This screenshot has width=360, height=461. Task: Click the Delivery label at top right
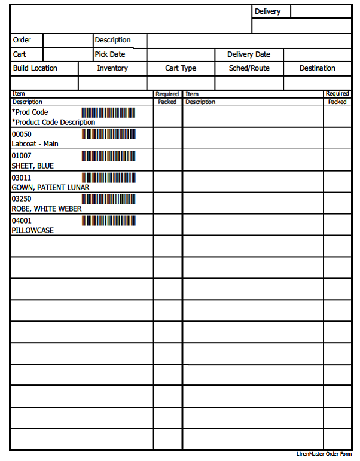[x=267, y=11]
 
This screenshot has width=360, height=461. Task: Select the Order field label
[x=22, y=40]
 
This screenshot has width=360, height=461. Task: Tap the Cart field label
[x=19, y=54]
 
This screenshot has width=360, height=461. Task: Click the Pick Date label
[x=110, y=54]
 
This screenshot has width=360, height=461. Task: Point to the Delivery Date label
[x=248, y=54]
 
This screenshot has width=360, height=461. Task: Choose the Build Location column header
[x=35, y=68]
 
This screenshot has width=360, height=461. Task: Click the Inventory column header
[x=112, y=68]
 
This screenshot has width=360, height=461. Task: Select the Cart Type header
[x=181, y=68]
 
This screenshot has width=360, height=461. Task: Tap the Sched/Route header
[x=249, y=68]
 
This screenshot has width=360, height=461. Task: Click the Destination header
[x=317, y=68]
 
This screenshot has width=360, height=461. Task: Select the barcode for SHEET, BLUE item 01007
[x=108, y=156]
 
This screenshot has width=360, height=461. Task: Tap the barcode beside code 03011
[x=108, y=178]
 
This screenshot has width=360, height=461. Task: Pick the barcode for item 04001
[x=108, y=221]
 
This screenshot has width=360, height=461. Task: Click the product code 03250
[x=22, y=199]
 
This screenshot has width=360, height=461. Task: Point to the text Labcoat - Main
[x=35, y=144]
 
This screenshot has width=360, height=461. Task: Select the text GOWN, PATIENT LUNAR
[x=50, y=187]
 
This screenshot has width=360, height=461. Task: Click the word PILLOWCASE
[x=32, y=230]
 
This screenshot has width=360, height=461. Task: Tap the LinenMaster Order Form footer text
[x=324, y=454]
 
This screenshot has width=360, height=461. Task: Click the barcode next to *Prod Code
[x=108, y=112]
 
